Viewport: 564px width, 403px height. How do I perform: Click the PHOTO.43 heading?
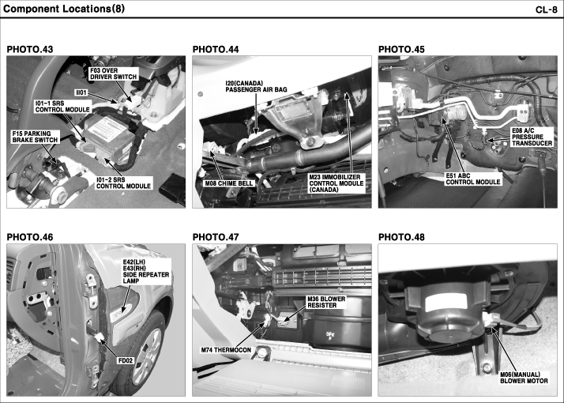30,49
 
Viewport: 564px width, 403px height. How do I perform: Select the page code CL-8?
547,9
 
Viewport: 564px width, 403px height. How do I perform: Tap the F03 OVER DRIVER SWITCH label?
113,73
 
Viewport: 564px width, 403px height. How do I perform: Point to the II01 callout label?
81,92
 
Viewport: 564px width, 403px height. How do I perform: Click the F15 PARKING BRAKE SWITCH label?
35,137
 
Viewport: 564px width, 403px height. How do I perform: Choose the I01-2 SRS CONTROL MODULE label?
123,183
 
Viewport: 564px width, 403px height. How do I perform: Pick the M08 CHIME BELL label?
229,183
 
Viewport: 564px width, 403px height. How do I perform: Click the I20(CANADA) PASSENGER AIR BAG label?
256,86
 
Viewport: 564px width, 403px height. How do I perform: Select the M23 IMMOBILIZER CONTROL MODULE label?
337,183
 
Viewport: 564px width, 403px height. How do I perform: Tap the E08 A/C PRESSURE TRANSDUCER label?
532,137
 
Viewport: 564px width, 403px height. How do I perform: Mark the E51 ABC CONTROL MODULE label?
473,179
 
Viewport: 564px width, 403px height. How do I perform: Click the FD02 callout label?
125,360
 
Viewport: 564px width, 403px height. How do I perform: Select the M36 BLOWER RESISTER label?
326,302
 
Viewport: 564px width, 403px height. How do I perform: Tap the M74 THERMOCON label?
226,350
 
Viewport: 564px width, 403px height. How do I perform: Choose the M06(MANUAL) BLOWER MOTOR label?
524,378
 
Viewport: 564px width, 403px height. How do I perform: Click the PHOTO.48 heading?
401,237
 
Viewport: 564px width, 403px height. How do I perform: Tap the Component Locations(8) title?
64,9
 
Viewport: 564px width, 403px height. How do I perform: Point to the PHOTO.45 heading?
401,49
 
